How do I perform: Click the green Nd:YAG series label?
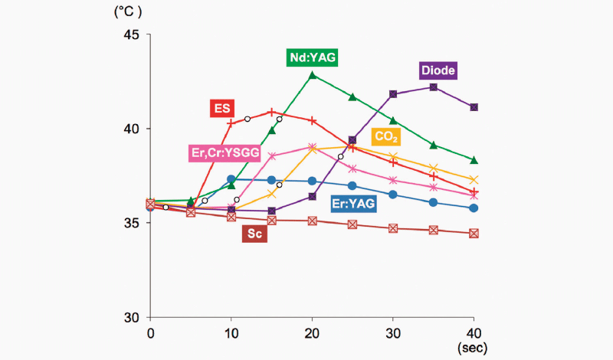(x=313, y=57)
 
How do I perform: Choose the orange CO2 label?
(x=385, y=137)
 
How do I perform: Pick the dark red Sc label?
(x=255, y=234)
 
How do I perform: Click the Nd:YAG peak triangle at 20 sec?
(x=312, y=75)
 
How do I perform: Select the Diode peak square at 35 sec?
(x=434, y=87)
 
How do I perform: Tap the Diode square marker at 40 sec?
(x=474, y=107)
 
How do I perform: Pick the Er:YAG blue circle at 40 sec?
(x=474, y=208)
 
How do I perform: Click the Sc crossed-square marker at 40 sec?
(x=474, y=234)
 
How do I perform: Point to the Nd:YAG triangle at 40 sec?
(x=474, y=160)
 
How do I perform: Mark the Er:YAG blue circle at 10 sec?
(x=231, y=179)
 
